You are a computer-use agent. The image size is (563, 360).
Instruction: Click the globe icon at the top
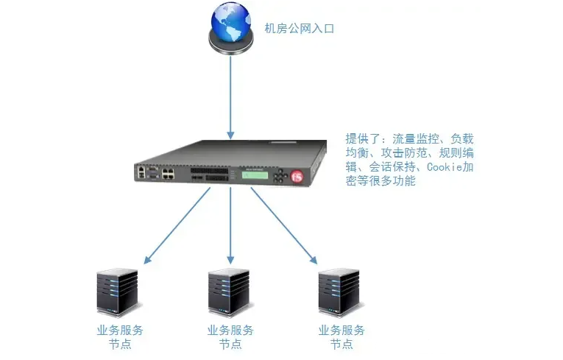[230, 27]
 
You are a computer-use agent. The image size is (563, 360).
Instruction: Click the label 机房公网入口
[300, 29]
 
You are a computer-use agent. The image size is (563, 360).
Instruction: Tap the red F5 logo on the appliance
[297, 177]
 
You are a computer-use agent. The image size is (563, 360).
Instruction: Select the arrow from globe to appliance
[230, 96]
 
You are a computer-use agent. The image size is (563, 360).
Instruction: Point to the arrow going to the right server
[283, 225]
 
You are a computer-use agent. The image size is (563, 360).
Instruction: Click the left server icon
[118, 292]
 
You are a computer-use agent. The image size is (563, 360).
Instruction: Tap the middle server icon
[228, 292]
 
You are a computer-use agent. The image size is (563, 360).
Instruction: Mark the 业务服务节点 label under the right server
[341, 337]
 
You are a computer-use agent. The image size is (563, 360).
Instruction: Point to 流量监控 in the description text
[416, 138]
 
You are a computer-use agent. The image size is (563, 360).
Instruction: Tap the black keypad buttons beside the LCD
[279, 177]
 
